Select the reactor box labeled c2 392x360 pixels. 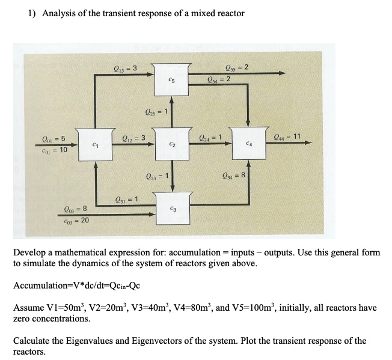coord(172,145)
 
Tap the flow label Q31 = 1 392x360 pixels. coord(127,200)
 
